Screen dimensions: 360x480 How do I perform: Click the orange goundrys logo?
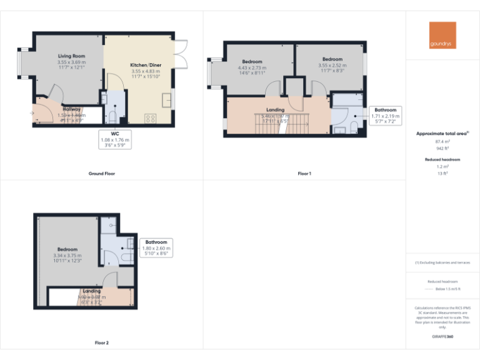click(x=442, y=36)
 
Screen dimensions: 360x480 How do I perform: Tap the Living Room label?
click(x=71, y=56)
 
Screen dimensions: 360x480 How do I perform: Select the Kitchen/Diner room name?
click(x=145, y=65)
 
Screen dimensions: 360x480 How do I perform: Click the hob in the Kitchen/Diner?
click(x=151, y=117)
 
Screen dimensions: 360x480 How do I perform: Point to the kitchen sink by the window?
click(x=166, y=99)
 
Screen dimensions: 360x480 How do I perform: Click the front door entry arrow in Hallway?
click(x=32, y=113)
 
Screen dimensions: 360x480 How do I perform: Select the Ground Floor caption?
click(x=101, y=173)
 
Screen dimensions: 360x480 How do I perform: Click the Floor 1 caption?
click(x=304, y=173)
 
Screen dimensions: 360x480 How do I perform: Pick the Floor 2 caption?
click(x=101, y=342)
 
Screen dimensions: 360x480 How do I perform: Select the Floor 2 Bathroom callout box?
click(x=156, y=248)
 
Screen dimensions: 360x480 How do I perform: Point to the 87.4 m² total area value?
click(x=442, y=141)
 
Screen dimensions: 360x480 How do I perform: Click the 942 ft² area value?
click(x=442, y=149)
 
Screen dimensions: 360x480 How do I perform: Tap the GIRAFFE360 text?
click(x=442, y=337)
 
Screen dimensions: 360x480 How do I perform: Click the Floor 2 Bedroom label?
click(x=67, y=249)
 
